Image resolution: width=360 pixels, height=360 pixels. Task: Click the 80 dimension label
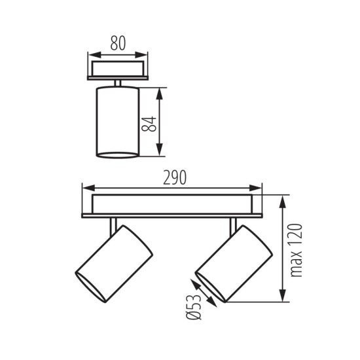[118, 45]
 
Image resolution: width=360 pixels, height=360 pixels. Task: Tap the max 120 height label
[298, 249]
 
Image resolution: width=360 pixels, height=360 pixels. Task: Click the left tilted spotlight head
[115, 259]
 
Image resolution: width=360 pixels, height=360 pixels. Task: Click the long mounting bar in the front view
[171, 206]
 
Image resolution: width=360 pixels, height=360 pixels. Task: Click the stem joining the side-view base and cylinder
[118, 82]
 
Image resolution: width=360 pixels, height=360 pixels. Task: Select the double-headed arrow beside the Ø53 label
[203, 292]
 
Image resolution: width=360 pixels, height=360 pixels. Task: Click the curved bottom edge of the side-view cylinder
[118, 156]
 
